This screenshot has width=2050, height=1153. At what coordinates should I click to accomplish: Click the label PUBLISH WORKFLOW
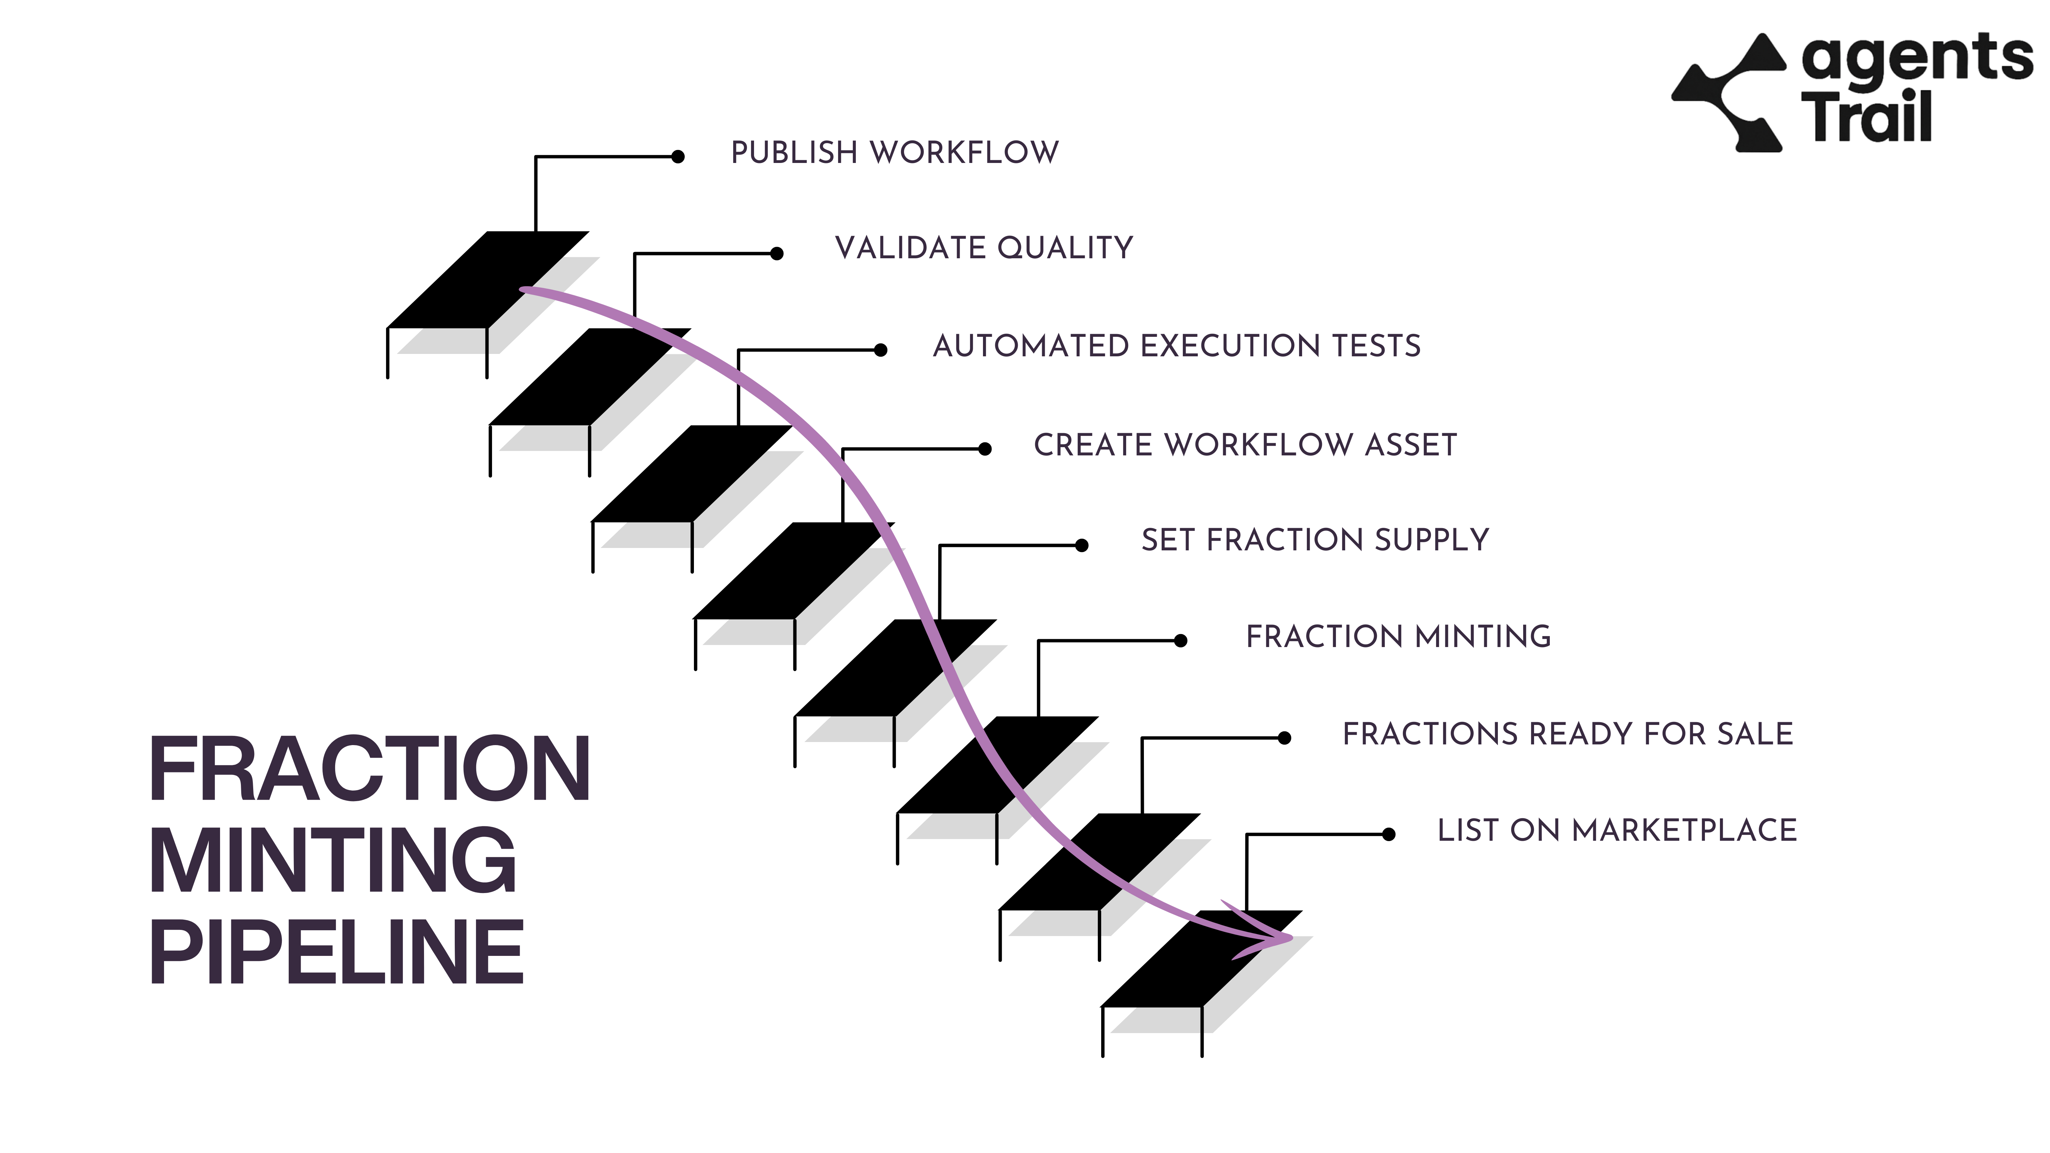point(894,153)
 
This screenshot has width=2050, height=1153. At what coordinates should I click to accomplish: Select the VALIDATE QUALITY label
point(984,248)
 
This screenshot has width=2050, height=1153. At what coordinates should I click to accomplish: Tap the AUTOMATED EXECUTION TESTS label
point(1176,346)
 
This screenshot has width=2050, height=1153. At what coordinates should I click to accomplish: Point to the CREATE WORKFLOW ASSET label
point(1245,445)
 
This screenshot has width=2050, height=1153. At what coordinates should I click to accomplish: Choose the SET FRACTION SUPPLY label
point(1315,540)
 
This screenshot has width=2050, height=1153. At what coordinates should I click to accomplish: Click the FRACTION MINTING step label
point(1398,636)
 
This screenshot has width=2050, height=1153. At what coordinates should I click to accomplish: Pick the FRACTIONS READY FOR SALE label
point(1568,734)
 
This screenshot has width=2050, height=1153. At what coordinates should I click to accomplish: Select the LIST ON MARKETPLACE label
point(1617,831)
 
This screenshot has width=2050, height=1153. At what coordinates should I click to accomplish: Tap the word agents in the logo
point(1916,59)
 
